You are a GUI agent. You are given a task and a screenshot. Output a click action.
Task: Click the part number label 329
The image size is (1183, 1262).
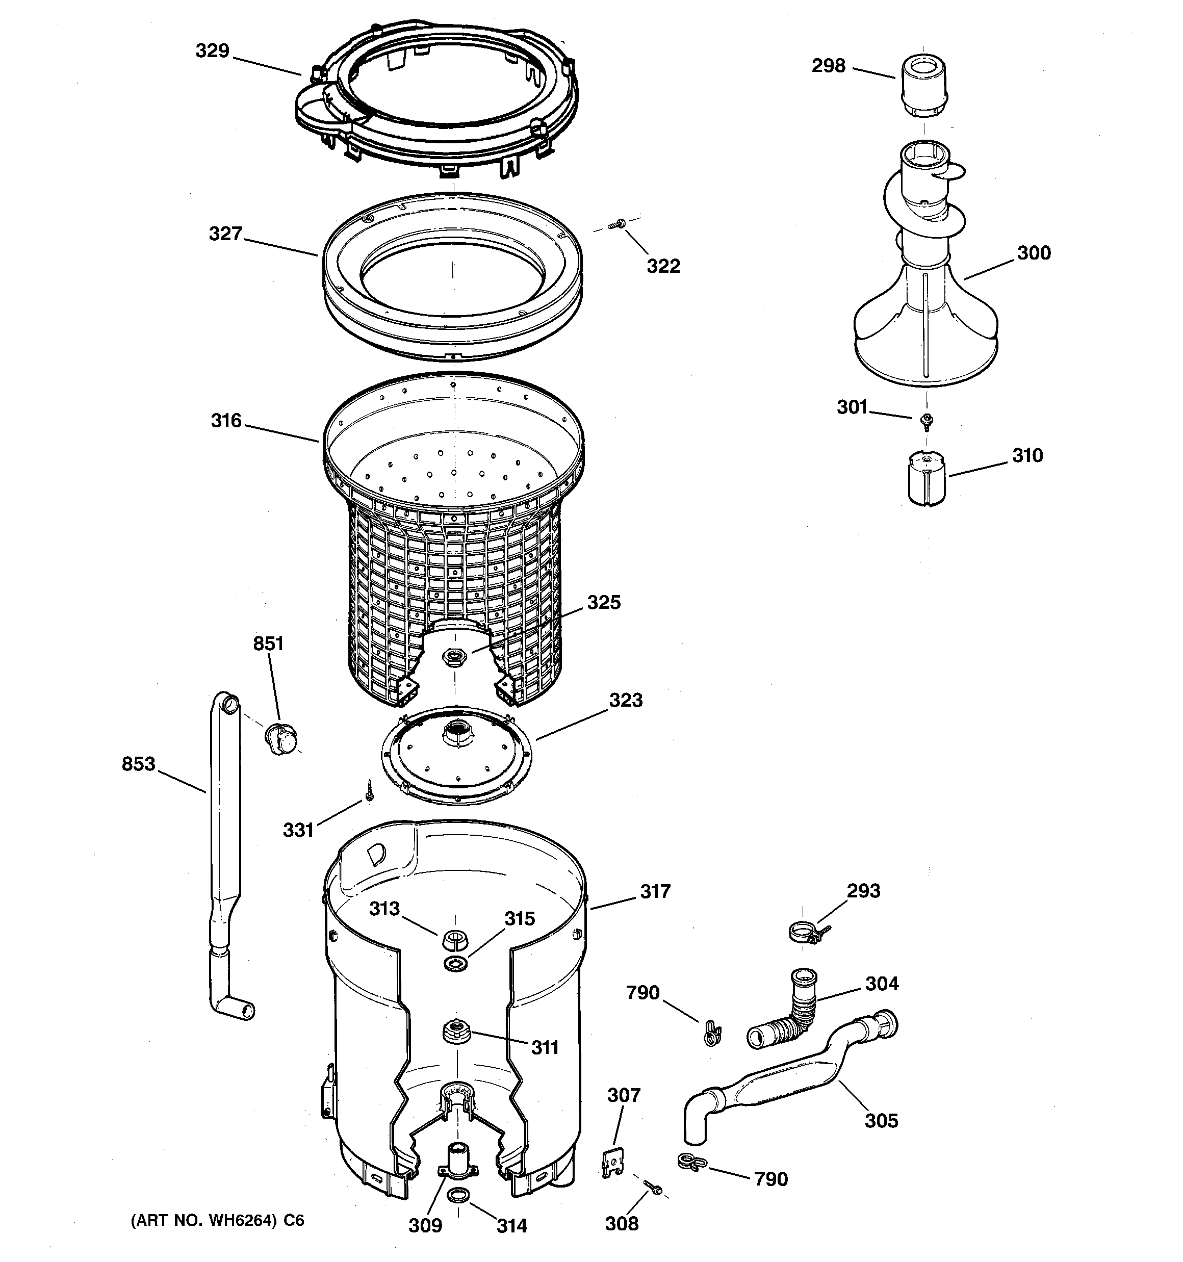[x=212, y=51]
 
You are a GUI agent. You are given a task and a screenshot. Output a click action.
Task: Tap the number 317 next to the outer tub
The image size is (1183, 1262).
[x=655, y=891]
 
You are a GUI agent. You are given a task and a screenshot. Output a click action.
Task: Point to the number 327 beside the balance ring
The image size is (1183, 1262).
[x=226, y=234]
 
